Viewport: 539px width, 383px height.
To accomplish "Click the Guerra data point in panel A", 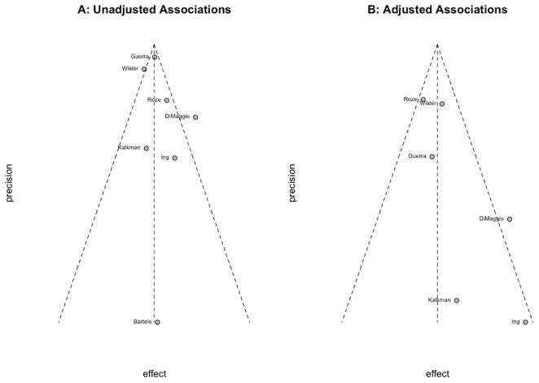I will click(155, 57).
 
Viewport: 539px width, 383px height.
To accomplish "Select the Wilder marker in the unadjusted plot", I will click(144, 69).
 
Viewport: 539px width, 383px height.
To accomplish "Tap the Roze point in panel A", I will click(167, 100).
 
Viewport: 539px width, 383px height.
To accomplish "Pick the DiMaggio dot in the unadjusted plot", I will click(195, 117).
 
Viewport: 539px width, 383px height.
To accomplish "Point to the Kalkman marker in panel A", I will click(147, 148).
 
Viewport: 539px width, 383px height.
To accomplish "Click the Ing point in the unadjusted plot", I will click(174, 158).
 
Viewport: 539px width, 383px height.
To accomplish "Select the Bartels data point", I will click(157, 322).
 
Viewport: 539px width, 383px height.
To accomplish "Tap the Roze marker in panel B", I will click(423, 99).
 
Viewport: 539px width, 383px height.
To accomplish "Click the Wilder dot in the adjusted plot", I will click(442, 104).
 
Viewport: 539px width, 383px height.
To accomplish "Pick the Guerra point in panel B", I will click(432, 156).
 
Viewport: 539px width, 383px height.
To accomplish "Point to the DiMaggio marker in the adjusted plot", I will click(510, 219).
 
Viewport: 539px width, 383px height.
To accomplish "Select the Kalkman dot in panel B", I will click(457, 300).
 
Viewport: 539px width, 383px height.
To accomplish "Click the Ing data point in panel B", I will click(525, 322).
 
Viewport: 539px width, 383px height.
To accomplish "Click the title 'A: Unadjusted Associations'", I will click(155, 10).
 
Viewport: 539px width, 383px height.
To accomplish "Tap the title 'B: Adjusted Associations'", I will click(437, 10).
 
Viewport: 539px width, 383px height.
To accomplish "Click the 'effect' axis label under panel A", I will click(155, 373).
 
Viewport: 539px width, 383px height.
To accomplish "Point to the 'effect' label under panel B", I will click(437, 373).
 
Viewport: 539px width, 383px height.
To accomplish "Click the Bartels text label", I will click(142, 322).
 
